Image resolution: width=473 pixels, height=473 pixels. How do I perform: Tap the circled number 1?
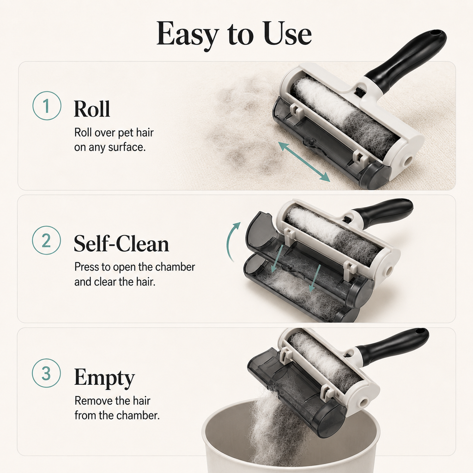tap(47, 106)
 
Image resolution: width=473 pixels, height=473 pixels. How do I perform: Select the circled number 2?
tap(47, 240)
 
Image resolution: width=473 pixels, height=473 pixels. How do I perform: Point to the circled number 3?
tap(47, 373)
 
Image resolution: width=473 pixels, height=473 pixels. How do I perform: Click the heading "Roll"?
tap(92, 109)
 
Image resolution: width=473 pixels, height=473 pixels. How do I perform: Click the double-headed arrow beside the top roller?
tap(304, 162)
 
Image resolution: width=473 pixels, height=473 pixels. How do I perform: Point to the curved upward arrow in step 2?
tap(232, 241)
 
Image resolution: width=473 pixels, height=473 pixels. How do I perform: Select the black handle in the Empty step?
tap(392, 346)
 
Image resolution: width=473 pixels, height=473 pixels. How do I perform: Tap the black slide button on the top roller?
tap(359, 91)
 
